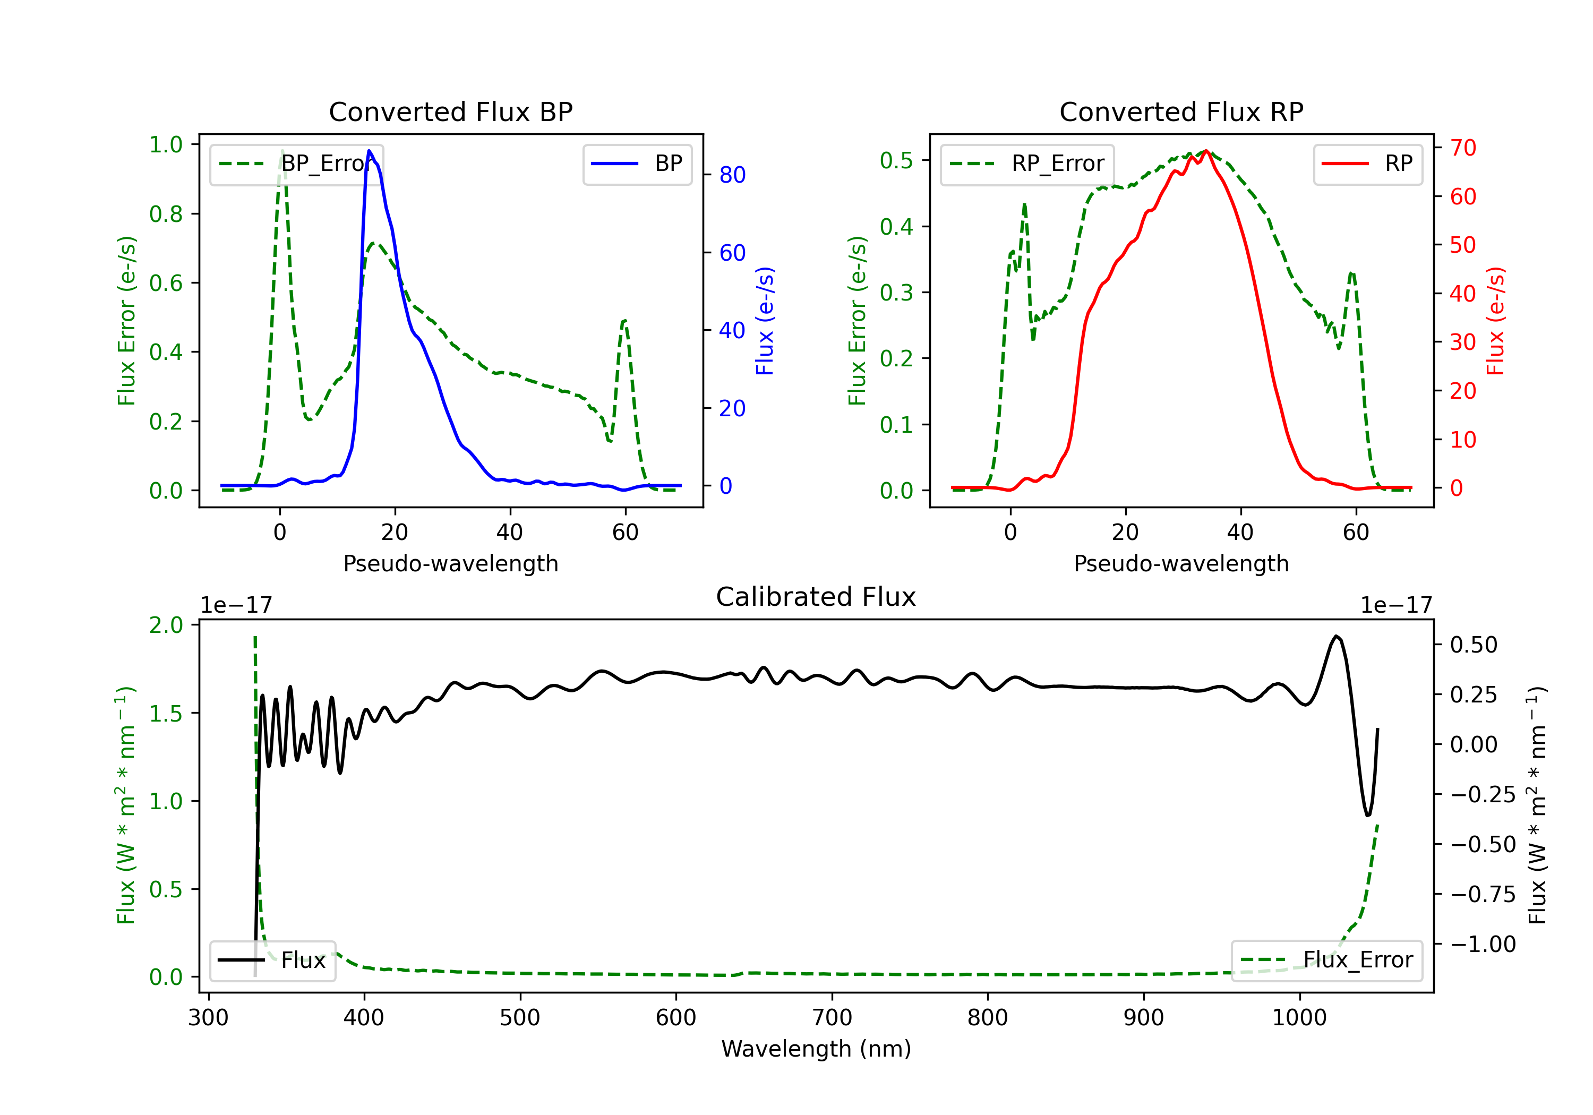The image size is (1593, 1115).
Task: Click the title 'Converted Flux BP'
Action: (450, 111)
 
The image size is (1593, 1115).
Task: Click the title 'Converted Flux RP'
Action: (1181, 111)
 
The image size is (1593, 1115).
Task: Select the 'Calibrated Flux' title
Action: (816, 597)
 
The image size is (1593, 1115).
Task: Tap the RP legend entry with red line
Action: (1367, 164)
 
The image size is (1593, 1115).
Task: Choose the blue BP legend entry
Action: (637, 164)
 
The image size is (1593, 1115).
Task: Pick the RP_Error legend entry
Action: (1027, 164)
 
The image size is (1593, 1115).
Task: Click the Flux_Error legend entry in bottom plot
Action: (1326, 960)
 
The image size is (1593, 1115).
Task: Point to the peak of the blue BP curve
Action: (369, 151)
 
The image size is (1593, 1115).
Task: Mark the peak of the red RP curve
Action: (1206, 151)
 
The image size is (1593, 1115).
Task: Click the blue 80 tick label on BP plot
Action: (732, 175)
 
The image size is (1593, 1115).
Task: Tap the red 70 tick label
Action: (1462, 147)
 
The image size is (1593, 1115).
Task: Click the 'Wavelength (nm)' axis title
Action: (816, 1049)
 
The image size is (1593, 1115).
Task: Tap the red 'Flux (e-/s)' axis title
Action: (1495, 321)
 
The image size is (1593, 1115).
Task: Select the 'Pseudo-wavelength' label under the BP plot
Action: (450, 563)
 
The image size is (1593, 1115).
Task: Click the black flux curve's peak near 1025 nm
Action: (1335, 636)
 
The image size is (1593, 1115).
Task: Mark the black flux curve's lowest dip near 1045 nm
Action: (1367, 815)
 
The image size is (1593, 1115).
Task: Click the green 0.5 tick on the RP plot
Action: (896, 160)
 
